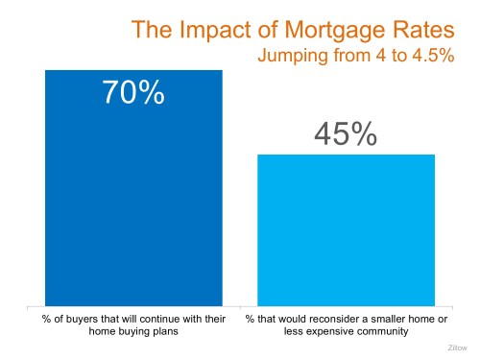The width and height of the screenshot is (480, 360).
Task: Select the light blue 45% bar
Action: click(x=345, y=230)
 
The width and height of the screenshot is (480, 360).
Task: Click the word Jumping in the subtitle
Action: click(x=295, y=56)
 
